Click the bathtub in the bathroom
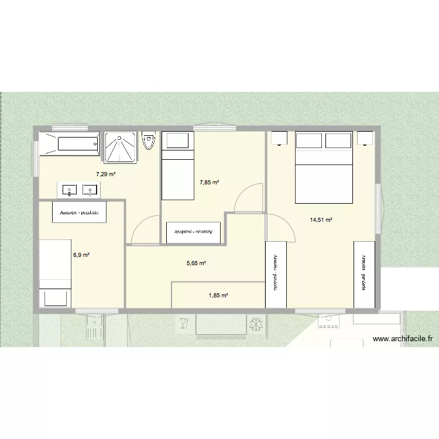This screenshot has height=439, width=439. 69,143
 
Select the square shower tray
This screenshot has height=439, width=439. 120,146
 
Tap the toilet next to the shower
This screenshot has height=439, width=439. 148,141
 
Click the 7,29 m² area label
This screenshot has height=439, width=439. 106,174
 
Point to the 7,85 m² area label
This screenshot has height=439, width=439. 209,183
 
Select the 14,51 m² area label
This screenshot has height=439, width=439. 321,220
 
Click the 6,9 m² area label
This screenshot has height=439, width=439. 81,255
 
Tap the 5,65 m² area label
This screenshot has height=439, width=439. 196,263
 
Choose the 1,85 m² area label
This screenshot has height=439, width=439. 218,296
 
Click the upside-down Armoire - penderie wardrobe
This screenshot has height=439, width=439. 193,232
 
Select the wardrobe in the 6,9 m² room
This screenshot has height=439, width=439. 80,212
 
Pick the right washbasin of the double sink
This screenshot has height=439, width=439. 90,190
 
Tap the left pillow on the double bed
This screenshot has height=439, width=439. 310,140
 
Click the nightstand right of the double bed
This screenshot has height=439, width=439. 365,139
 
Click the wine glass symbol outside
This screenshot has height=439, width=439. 184,323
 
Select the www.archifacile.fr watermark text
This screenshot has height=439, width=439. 402,338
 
